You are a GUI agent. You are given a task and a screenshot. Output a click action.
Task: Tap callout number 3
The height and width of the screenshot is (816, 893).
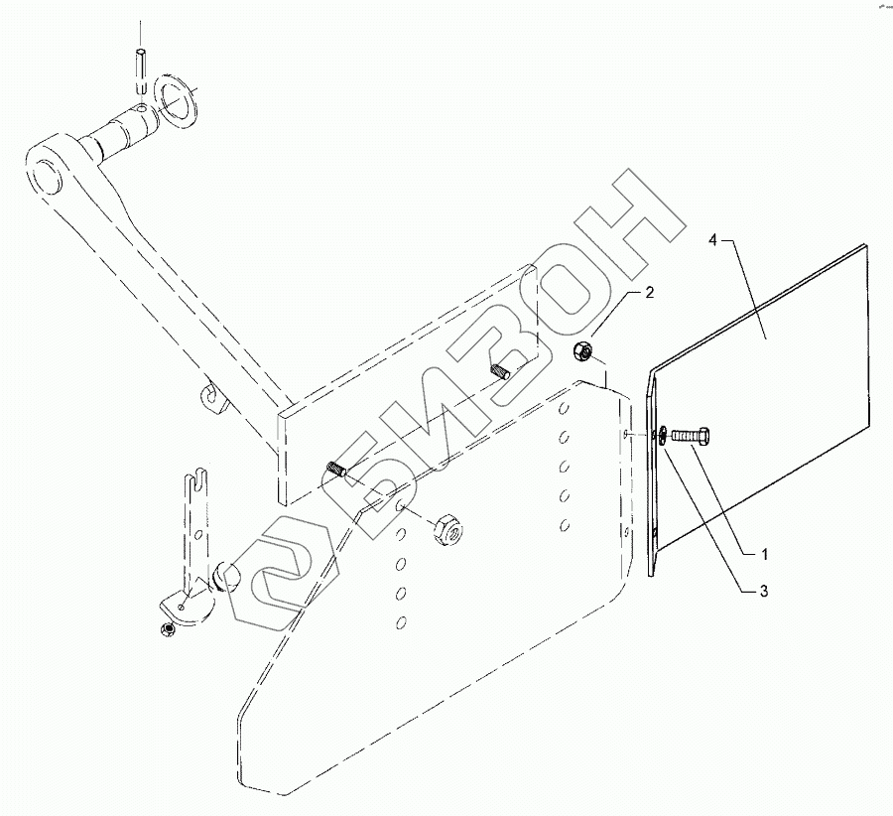coord(763,592)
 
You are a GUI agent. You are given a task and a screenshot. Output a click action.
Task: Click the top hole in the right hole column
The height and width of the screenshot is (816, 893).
coord(563,408)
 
